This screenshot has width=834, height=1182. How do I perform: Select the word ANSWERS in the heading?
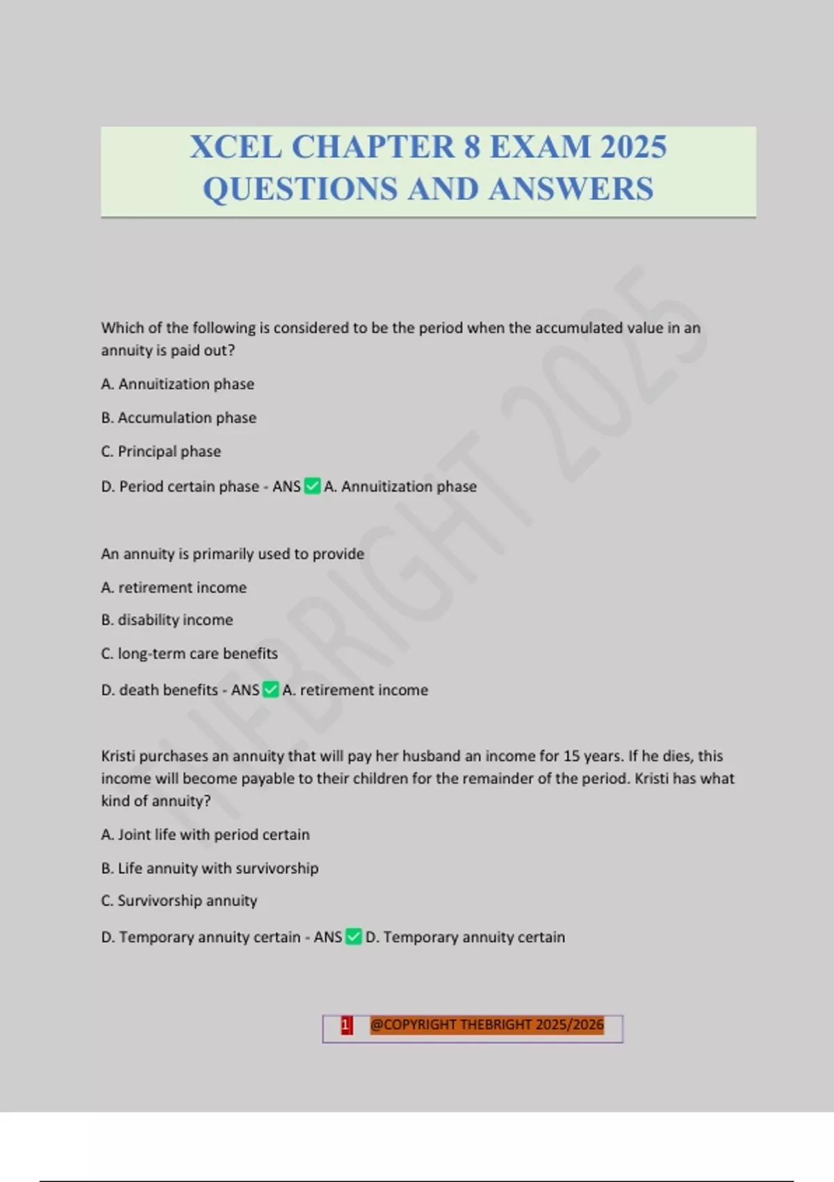(571, 189)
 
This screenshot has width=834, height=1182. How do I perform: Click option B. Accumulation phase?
(179, 418)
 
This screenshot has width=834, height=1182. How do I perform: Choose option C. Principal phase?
(161, 452)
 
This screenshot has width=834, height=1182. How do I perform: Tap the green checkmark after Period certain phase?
(313, 486)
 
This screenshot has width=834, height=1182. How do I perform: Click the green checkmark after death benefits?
(271, 690)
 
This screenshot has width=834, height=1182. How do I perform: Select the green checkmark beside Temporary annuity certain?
(354, 937)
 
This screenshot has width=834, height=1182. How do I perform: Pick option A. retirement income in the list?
(174, 588)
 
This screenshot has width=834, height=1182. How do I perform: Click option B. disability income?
(167, 620)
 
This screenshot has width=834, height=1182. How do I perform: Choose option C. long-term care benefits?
(189, 654)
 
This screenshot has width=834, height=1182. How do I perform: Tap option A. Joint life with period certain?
(205, 834)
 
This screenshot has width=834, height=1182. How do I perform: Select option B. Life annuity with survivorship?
(210, 868)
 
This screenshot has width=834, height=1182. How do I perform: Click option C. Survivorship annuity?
(179, 901)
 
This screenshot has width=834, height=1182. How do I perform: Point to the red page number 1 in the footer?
(346, 1025)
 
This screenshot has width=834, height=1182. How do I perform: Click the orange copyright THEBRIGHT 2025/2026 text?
(486, 1025)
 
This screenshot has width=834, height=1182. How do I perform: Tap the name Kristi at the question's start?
(118, 756)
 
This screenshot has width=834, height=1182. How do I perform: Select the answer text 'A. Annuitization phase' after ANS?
(400, 487)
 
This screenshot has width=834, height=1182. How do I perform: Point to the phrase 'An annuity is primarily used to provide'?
(232, 554)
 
